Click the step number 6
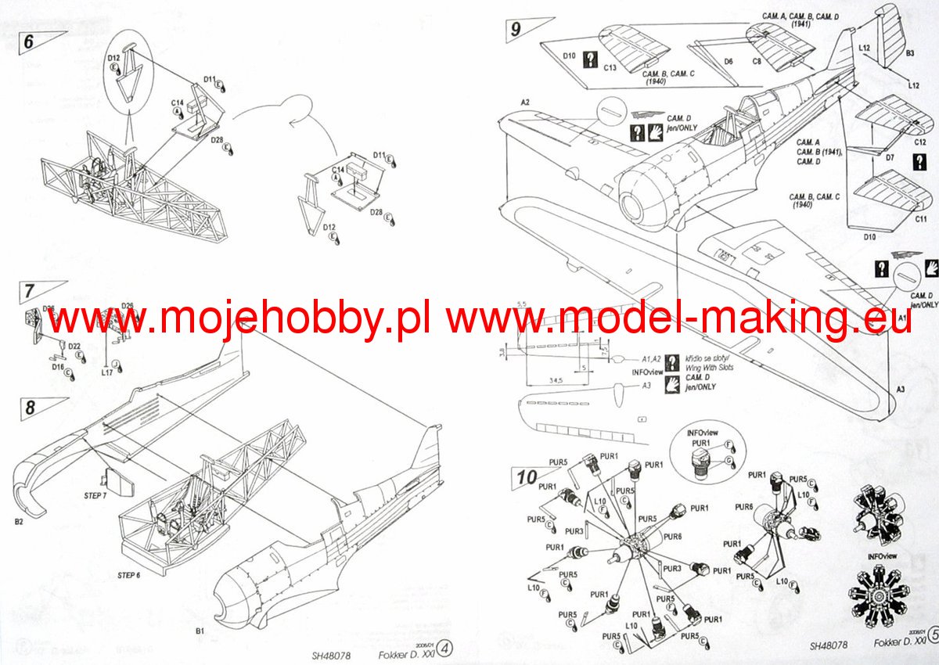coord(28,41)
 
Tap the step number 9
coord(515,30)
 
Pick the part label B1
coord(200,630)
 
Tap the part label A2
coord(524,103)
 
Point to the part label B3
coord(910,53)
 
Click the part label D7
coord(890,158)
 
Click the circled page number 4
coord(444,647)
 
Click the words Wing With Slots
coord(709,367)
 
